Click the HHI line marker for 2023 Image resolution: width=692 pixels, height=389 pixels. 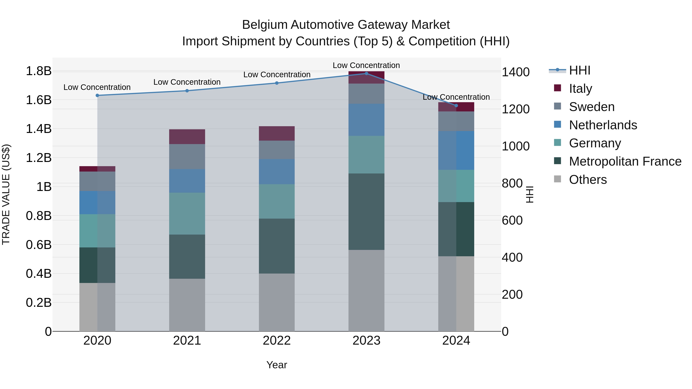tap(366, 74)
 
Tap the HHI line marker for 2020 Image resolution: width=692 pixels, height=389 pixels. tap(97, 95)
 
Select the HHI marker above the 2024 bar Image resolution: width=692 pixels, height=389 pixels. tap(456, 105)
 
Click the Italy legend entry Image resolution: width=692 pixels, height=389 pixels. tap(580, 88)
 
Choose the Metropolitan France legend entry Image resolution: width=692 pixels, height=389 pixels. tap(625, 161)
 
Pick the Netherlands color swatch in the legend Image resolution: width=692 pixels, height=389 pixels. tap(557, 124)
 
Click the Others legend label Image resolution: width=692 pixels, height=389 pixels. tap(588, 180)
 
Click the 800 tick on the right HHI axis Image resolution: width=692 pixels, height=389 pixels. tap(512, 183)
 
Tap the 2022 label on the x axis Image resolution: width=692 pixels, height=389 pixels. tap(277, 341)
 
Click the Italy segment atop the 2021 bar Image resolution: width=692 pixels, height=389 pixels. tap(187, 137)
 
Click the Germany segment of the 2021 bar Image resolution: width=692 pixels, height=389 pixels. tap(187, 213)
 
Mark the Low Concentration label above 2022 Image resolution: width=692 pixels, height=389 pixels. tap(277, 75)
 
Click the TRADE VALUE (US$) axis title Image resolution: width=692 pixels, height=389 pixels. tap(6, 194)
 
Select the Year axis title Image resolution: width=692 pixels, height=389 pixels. tap(277, 365)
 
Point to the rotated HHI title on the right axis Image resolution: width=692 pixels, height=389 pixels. tap(530, 194)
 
